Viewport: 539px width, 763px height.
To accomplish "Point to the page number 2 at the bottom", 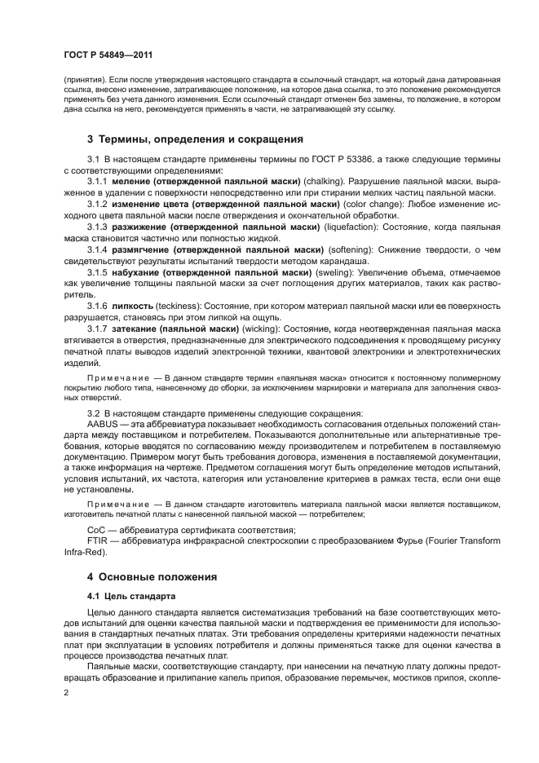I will pyautogui.click(x=67, y=692).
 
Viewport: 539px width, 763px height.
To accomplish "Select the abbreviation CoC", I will pyautogui.click(x=95, y=531).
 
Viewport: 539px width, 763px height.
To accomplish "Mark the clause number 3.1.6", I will pyautogui.click(x=98, y=305).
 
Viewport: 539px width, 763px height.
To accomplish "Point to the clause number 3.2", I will pyautogui.click(x=93, y=413).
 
